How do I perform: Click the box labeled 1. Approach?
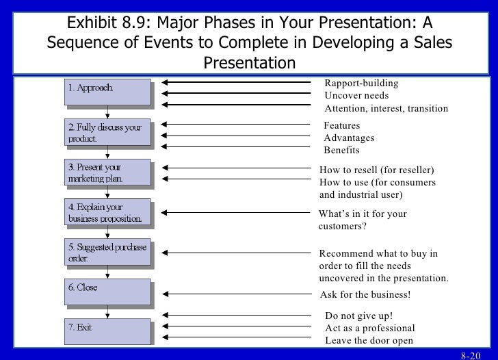[107, 92]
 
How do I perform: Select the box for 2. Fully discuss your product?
[107, 132]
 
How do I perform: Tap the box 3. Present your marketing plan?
[107, 172]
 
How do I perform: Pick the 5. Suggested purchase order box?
[107, 253]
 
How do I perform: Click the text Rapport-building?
[361, 83]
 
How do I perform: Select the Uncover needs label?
[356, 96]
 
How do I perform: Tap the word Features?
[341, 126]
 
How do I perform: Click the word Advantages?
[349, 138]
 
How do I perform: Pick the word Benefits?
[341, 151]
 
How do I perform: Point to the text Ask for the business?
[365, 295]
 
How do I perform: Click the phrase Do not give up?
[358, 316]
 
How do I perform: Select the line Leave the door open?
[369, 340]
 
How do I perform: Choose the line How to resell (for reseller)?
[377, 169]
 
